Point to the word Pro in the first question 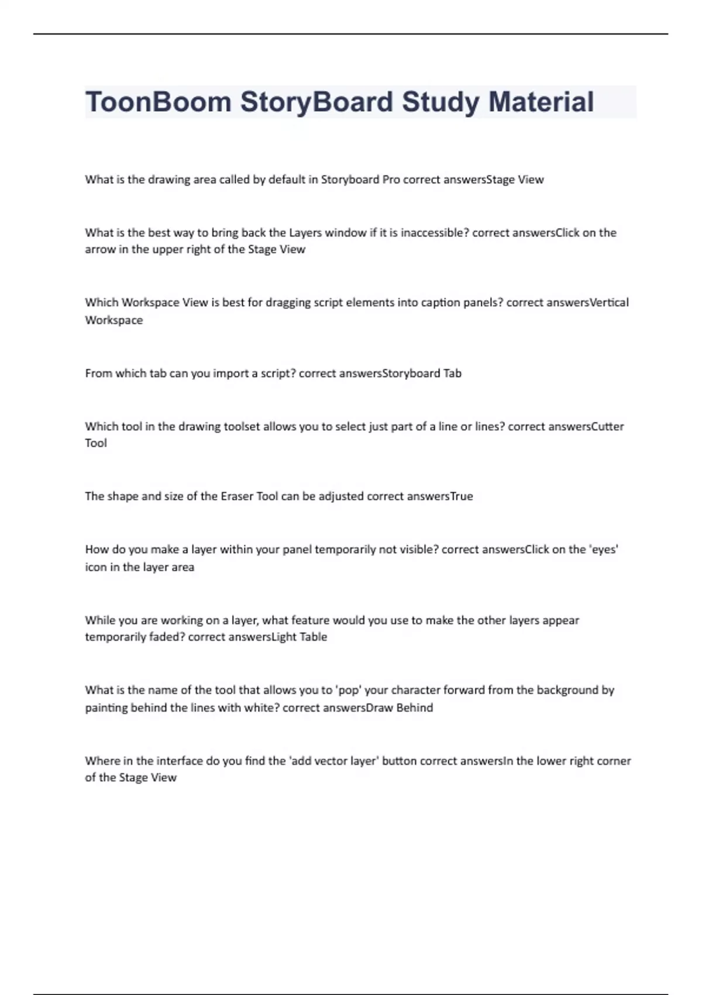coord(391,180)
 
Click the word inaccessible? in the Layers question coord(435,232)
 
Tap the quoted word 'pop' coord(348,690)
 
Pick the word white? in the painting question coord(261,708)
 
